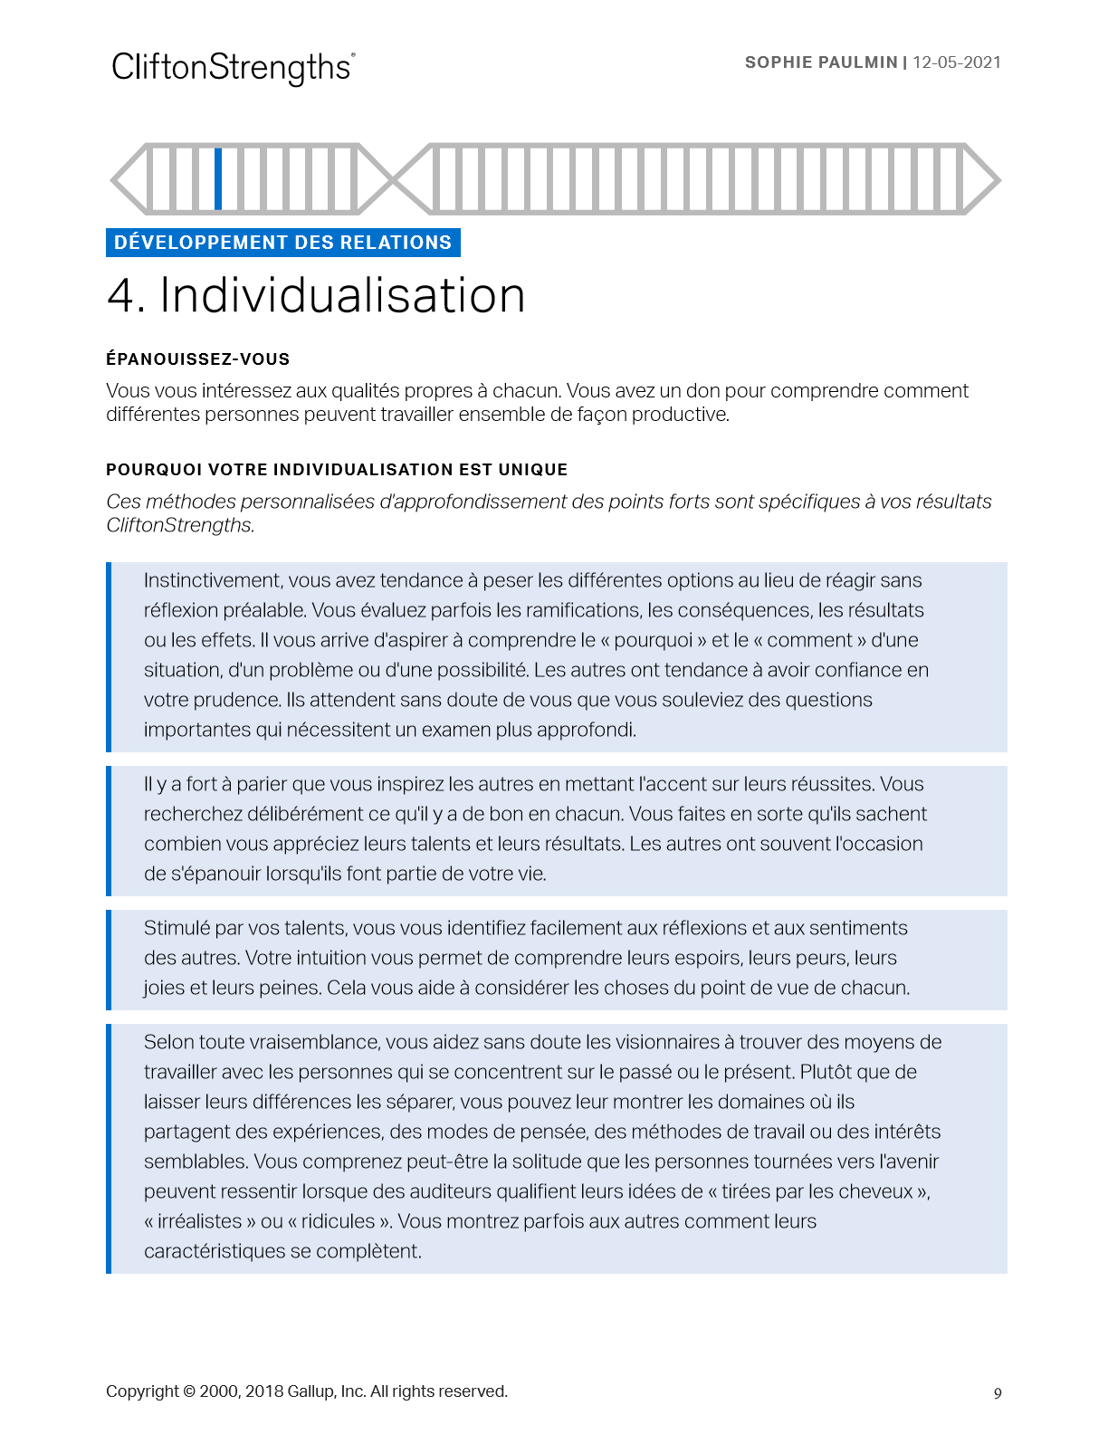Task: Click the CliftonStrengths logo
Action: [233, 68]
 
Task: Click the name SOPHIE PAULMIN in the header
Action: [820, 62]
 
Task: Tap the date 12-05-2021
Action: [957, 62]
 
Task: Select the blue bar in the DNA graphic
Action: [218, 178]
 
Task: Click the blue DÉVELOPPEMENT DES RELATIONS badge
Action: [282, 243]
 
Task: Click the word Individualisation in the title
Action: [342, 295]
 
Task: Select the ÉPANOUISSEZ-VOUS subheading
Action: [197, 359]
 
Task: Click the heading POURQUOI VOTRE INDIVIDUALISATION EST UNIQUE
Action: [337, 470]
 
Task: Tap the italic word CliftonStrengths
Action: [179, 525]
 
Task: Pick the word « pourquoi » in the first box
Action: [654, 640]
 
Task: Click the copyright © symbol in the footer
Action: [189, 1391]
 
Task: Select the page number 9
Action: [998, 1393]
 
